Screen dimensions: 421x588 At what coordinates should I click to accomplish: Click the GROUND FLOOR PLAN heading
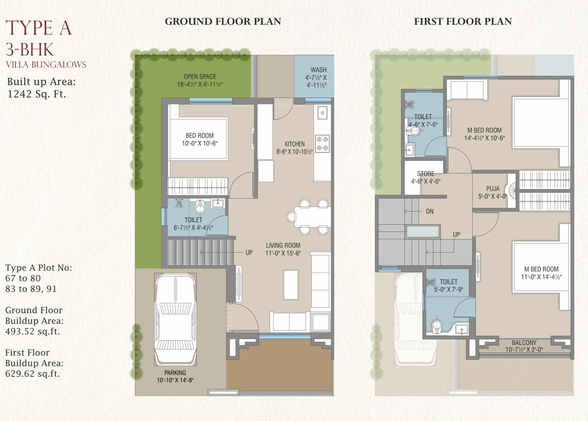[222, 21]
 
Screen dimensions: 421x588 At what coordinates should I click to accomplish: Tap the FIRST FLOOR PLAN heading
[463, 21]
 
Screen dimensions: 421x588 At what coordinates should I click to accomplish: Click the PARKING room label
[175, 373]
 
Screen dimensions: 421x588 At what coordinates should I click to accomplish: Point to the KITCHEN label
[294, 144]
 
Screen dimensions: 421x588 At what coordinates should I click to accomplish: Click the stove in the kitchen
[322, 143]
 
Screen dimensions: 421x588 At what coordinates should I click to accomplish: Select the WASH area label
[318, 70]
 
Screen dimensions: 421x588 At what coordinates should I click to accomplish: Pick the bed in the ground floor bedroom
[198, 138]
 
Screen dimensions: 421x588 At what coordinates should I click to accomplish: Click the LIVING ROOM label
[283, 245]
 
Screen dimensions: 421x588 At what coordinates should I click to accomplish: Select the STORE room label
[425, 174]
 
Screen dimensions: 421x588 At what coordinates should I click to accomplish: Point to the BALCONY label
[524, 342]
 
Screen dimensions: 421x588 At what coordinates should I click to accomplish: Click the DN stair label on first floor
[430, 210]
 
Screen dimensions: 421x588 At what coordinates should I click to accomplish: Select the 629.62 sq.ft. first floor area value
[32, 374]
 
